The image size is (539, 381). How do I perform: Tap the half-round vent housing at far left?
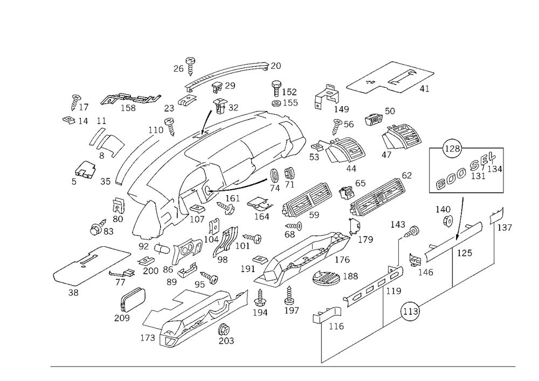point(102,143)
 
